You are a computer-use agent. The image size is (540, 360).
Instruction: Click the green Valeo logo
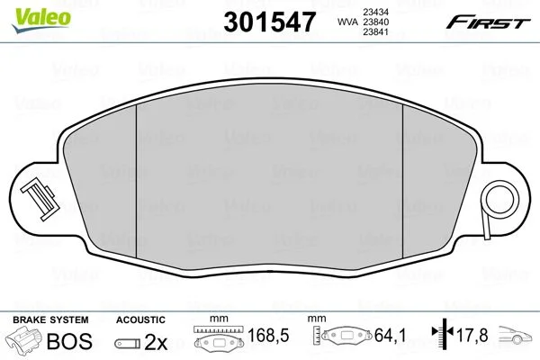pyautogui.click(x=41, y=20)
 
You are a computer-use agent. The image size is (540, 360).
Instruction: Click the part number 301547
pyautogui.click(x=269, y=22)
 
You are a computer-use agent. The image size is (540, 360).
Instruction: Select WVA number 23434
pyautogui.click(x=376, y=12)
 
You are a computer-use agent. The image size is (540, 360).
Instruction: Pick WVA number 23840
pyautogui.click(x=376, y=22)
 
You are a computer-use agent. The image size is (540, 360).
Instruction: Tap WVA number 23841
pyautogui.click(x=376, y=32)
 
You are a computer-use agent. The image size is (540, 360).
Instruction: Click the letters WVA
pyautogui.click(x=347, y=22)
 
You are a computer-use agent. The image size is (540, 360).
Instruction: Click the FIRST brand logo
pyautogui.click(x=489, y=22)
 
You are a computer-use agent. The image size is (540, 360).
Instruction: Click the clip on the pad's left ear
pyautogui.click(x=40, y=200)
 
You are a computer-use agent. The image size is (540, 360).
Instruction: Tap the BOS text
pyautogui.click(x=69, y=341)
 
